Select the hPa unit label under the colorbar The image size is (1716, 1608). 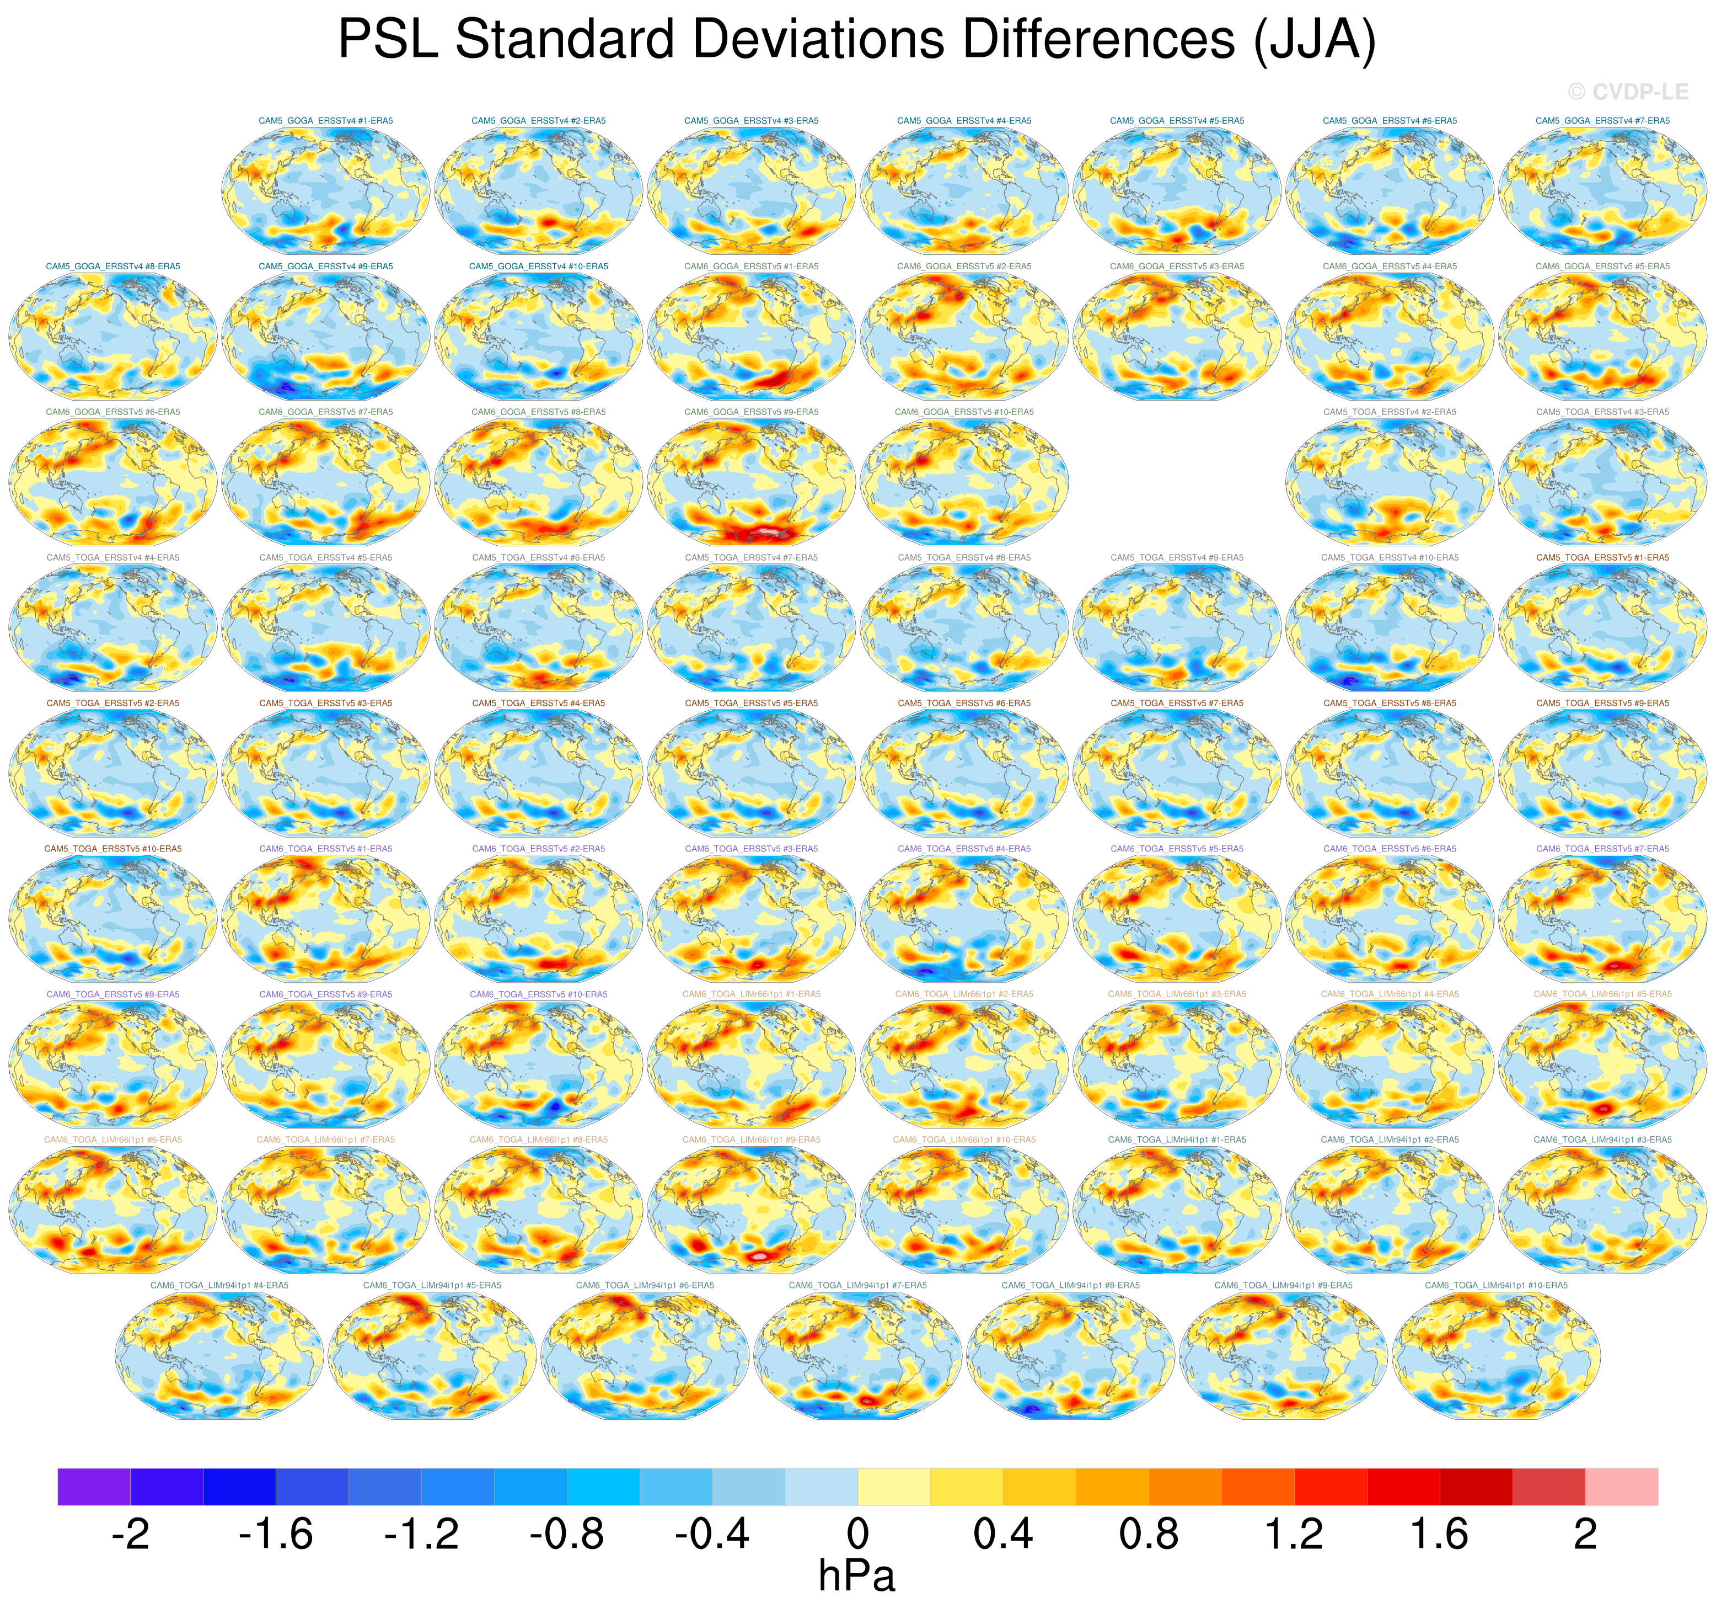click(x=856, y=1576)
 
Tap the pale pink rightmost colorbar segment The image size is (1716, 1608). click(x=1621, y=1486)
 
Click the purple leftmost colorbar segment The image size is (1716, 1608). click(x=94, y=1486)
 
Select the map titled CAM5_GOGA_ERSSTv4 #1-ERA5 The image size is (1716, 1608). click(x=325, y=191)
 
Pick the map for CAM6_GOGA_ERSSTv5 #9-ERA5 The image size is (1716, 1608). click(x=751, y=483)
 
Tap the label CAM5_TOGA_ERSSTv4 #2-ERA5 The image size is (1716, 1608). click(x=1390, y=412)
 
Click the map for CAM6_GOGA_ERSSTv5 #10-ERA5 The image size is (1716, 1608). click(x=964, y=483)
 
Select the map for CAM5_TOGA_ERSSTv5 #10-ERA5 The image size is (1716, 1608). click(x=113, y=920)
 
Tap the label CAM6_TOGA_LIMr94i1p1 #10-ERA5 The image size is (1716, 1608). click(x=1496, y=1286)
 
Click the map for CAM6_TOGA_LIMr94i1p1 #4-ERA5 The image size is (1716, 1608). click(x=219, y=1357)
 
